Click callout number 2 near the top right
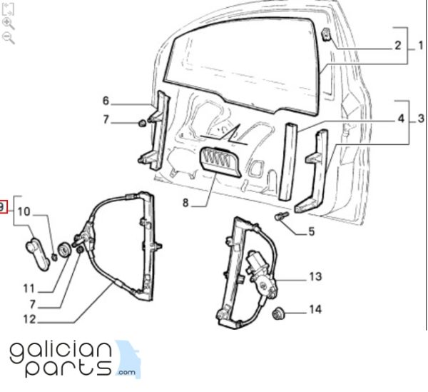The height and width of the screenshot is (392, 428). coord(398,46)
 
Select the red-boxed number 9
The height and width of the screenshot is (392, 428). coord(2,207)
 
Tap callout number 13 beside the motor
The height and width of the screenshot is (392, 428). coord(315,276)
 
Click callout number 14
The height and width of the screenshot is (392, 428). coord(315,309)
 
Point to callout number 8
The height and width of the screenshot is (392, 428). coord(185,203)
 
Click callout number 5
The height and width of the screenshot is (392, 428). coord(312,231)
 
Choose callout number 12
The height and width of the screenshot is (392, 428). coord(30,319)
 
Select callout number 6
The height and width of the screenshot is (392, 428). coord(106,101)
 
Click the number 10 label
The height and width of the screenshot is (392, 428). coord(24,211)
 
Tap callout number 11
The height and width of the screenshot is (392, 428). coord(29,288)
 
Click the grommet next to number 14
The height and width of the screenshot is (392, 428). coord(279,313)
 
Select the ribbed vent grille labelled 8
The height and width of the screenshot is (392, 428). coord(221,161)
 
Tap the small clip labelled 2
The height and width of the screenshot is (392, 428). coord(327,34)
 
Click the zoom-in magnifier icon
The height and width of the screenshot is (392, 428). coord(8,24)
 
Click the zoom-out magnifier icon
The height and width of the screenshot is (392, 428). coord(8,38)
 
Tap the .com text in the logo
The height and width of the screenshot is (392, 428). coord(126,372)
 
